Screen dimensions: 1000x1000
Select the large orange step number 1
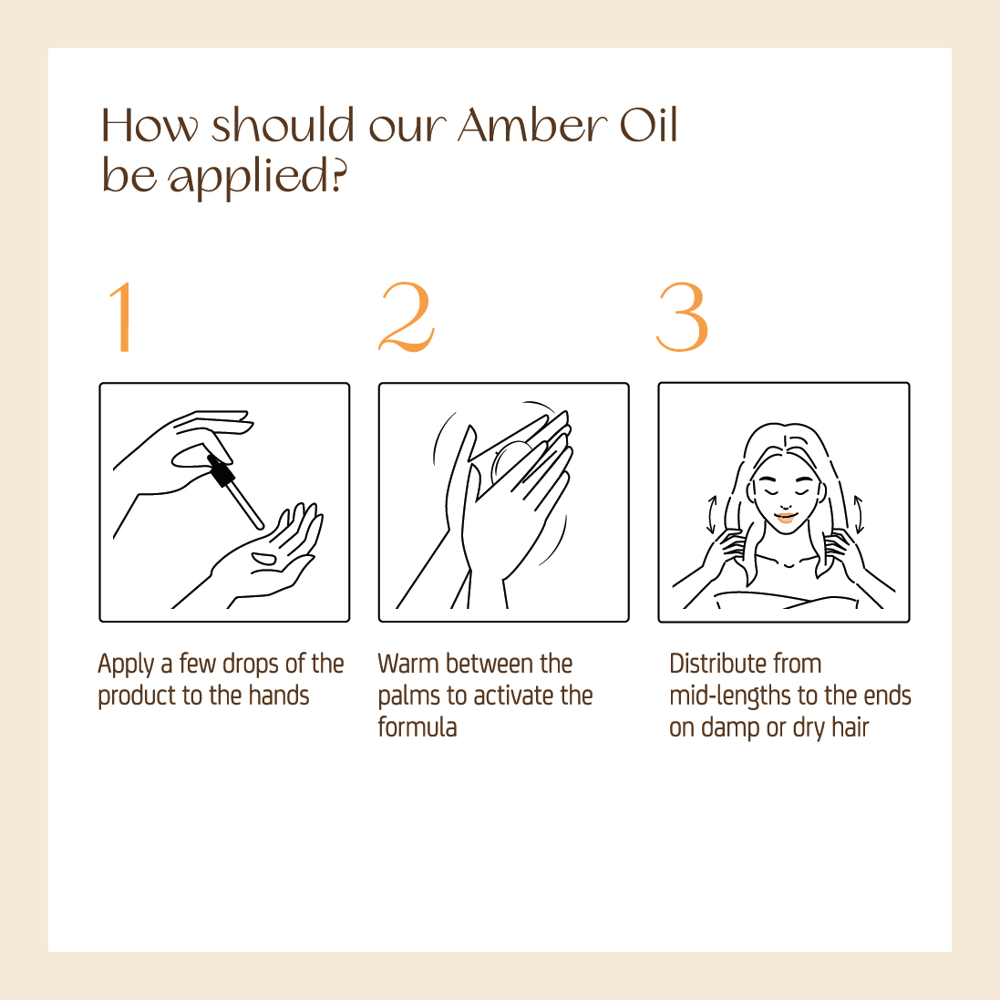tap(120, 316)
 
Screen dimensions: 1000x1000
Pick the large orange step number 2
tap(407, 316)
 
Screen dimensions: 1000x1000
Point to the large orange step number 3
tap(683, 317)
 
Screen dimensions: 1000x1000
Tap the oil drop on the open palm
tap(264, 560)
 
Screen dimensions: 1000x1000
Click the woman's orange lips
tap(786, 517)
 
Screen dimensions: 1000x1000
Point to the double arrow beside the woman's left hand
tap(859, 515)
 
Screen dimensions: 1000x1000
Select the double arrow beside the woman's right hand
tap(712, 514)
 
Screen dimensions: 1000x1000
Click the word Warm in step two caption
tap(408, 664)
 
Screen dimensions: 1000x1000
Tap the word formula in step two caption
tap(418, 727)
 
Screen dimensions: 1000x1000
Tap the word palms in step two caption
tap(408, 696)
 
